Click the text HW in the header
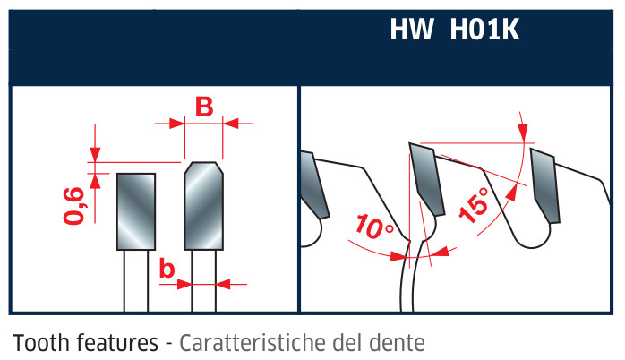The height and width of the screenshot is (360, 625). (x=412, y=29)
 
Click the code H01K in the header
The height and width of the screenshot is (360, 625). (x=484, y=29)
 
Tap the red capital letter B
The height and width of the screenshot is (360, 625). (x=204, y=107)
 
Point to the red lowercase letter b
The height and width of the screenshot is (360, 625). (x=167, y=268)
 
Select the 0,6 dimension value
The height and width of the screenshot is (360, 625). (x=74, y=206)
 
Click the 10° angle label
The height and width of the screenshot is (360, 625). (x=373, y=227)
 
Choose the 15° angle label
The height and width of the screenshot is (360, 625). (x=474, y=205)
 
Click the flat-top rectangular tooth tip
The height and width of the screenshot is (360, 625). (x=136, y=211)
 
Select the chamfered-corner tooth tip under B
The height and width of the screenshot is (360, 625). (x=203, y=206)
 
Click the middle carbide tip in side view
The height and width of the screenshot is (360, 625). (x=426, y=178)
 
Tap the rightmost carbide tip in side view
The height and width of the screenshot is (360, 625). (x=545, y=185)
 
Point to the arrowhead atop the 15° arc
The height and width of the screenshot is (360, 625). (x=523, y=133)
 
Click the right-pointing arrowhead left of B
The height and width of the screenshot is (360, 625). (x=177, y=124)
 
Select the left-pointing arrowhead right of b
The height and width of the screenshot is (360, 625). (x=223, y=284)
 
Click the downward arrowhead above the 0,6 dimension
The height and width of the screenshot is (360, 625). (x=95, y=155)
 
